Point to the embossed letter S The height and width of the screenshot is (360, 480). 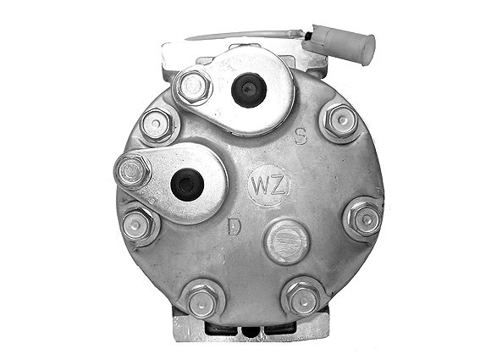pos(301,136)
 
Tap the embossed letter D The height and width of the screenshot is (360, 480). pos(234,226)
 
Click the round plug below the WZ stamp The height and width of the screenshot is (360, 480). pos(286,241)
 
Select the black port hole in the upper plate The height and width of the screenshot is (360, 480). pos(249,90)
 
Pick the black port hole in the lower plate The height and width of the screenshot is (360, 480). pos(187,185)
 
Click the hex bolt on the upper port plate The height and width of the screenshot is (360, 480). pos(192,86)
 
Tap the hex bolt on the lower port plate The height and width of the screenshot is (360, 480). pos(133,172)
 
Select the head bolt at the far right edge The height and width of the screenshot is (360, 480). pos(365,219)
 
